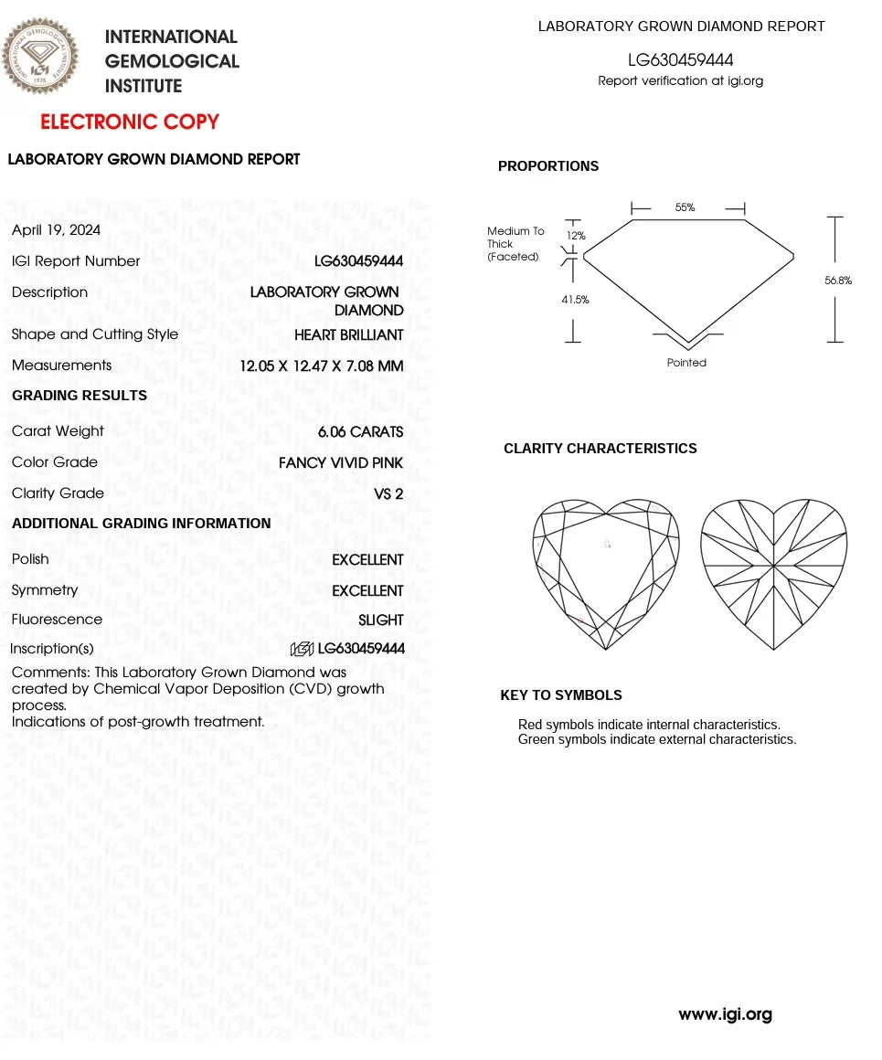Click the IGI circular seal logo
click(x=40, y=57)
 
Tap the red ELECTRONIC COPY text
click(x=130, y=122)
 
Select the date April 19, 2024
click(x=56, y=230)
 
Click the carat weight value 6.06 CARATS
click(x=360, y=431)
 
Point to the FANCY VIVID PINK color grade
click(x=340, y=462)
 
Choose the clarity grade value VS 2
click(x=388, y=493)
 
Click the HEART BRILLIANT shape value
click(x=348, y=335)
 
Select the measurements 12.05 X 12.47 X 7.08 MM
click(x=321, y=366)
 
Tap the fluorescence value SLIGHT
click(x=380, y=620)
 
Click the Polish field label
click(x=30, y=558)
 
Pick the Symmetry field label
click(x=45, y=590)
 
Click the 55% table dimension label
click(x=685, y=207)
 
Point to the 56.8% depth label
click(x=837, y=281)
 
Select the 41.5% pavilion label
click(x=575, y=299)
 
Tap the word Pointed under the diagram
click(x=686, y=363)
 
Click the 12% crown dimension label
click(x=576, y=236)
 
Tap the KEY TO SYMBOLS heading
click(x=561, y=695)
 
